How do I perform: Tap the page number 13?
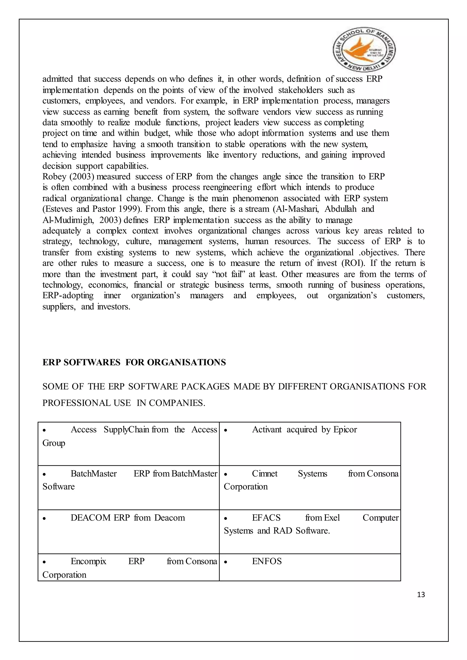pyautogui.click(x=421, y=594)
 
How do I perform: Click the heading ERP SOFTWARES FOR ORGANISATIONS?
pyautogui.click(x=134, y=362)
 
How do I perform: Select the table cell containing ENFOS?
pyautogui.click(x=310, y=567)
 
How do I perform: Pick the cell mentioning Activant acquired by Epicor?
pyautogui.click(x=310, y=443)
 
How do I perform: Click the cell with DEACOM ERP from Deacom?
pyautogui.click(x=128, y=532)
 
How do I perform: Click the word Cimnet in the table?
pyautogui.click(x=265, y=473)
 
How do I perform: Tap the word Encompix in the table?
pyautogui.click(x=88, y=561)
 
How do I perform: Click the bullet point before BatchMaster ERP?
pyautogui.click(x=44, y=474)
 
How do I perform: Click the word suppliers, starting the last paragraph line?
pyautogui.click(x=59, y=307)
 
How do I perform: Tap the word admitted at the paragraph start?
pyautogui.click(x=57, y=79)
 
